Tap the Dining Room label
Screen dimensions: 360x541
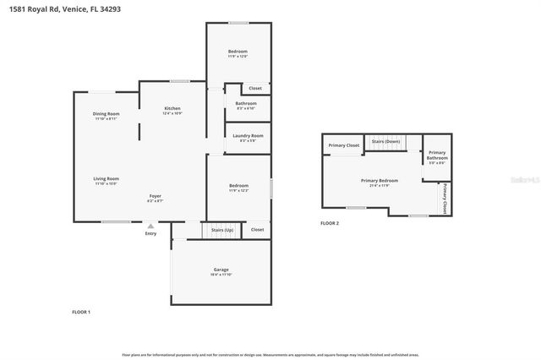point(106,114)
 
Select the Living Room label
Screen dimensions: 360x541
point(106,178)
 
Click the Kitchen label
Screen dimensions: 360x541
point(172,108)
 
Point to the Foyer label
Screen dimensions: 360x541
point(156,196)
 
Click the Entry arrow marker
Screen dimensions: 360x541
point(150,226)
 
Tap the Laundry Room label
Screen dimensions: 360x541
point(248,135)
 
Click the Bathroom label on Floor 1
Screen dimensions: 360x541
point(246,103)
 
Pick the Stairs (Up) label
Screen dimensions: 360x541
point(222,229)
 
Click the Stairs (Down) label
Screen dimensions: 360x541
point(385,141)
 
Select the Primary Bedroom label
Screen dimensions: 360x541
point(380,180)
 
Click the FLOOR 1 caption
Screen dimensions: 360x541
point(81,312)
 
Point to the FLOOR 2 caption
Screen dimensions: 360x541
point(329,223)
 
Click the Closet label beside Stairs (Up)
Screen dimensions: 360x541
point(257,229)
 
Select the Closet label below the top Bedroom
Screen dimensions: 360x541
point(255,88)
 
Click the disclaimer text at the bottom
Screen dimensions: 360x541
point(270,355)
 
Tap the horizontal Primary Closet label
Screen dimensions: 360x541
point(343,145)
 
